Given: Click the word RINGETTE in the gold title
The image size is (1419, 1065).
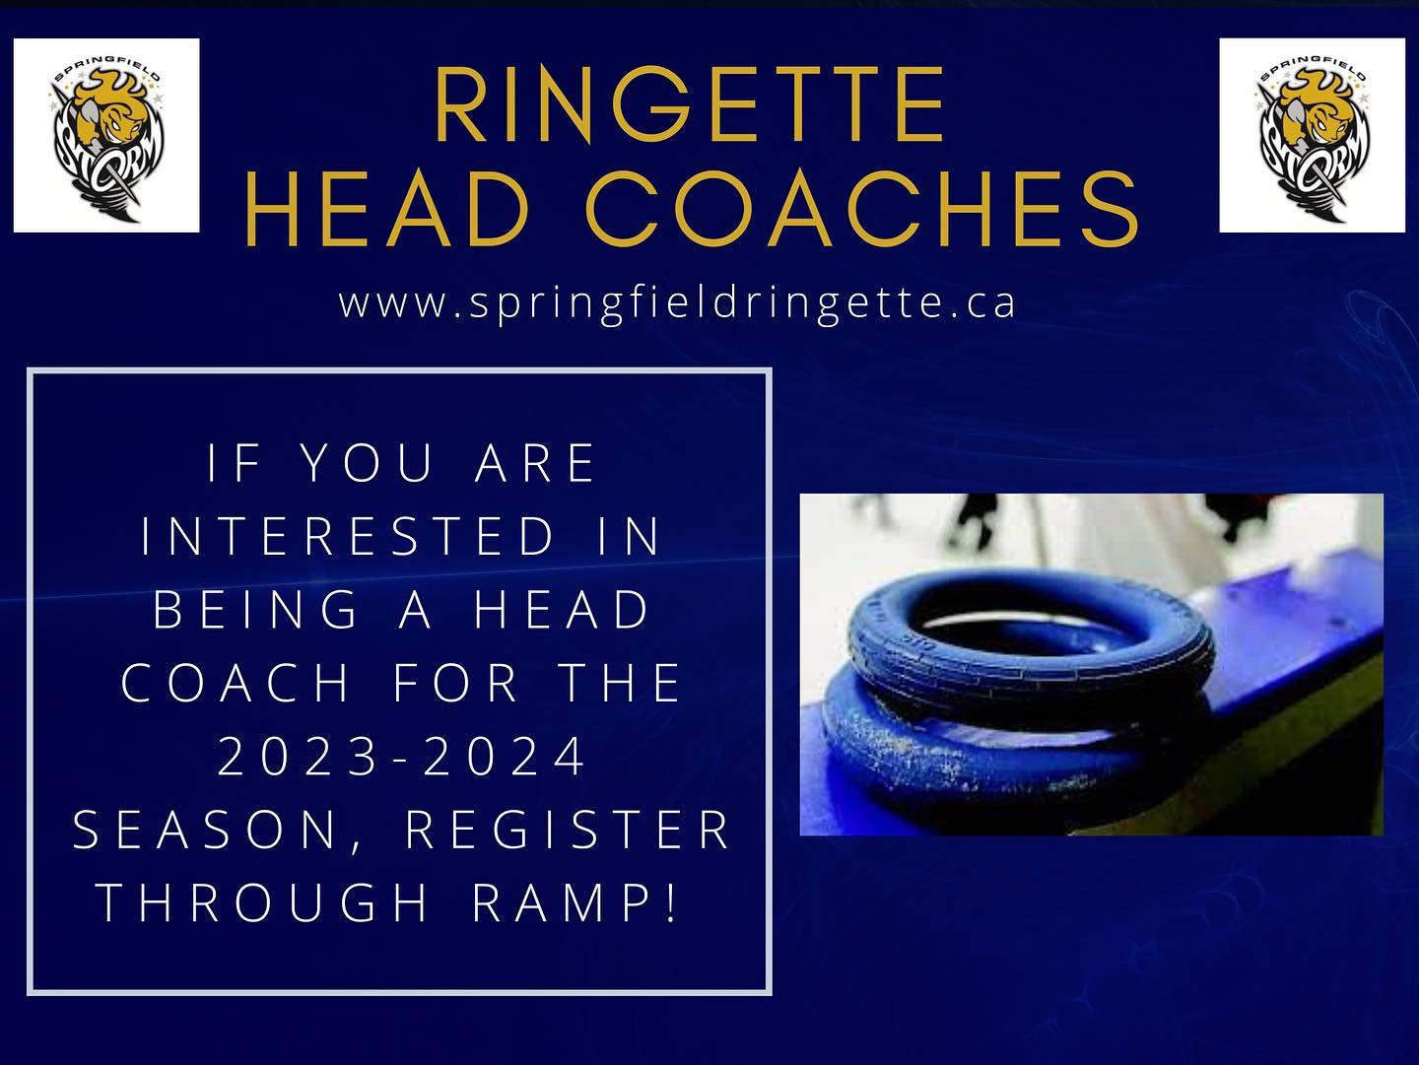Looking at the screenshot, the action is (x=689, y=104).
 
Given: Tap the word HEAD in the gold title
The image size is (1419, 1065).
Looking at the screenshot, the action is (x=388, y=208).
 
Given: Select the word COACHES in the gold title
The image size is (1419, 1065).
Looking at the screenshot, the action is (x=861, y=208).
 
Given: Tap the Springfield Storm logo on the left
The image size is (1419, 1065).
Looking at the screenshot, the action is (x=106, y=135).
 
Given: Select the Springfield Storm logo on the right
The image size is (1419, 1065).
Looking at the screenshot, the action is (x=1312, y=135).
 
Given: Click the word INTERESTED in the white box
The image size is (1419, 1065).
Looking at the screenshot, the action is (x=349, y=535).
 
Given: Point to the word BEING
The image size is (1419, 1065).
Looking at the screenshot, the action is (x=256, y=609).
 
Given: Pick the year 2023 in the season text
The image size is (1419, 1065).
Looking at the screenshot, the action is (x=298, y=757).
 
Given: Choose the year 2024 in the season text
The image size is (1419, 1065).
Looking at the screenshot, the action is (x=505, y=757).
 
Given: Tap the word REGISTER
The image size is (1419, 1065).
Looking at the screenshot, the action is (x=569, y=831).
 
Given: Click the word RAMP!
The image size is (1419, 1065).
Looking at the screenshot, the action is (x=574, y=902).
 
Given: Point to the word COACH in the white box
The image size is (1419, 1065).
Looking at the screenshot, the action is (x=236, y=683).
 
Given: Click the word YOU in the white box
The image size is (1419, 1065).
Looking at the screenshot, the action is (x=368, y=463).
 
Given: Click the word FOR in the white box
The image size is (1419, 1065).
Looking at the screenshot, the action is (x=456, y=683).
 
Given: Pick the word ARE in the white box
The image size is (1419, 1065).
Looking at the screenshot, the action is (x=535, y=463).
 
